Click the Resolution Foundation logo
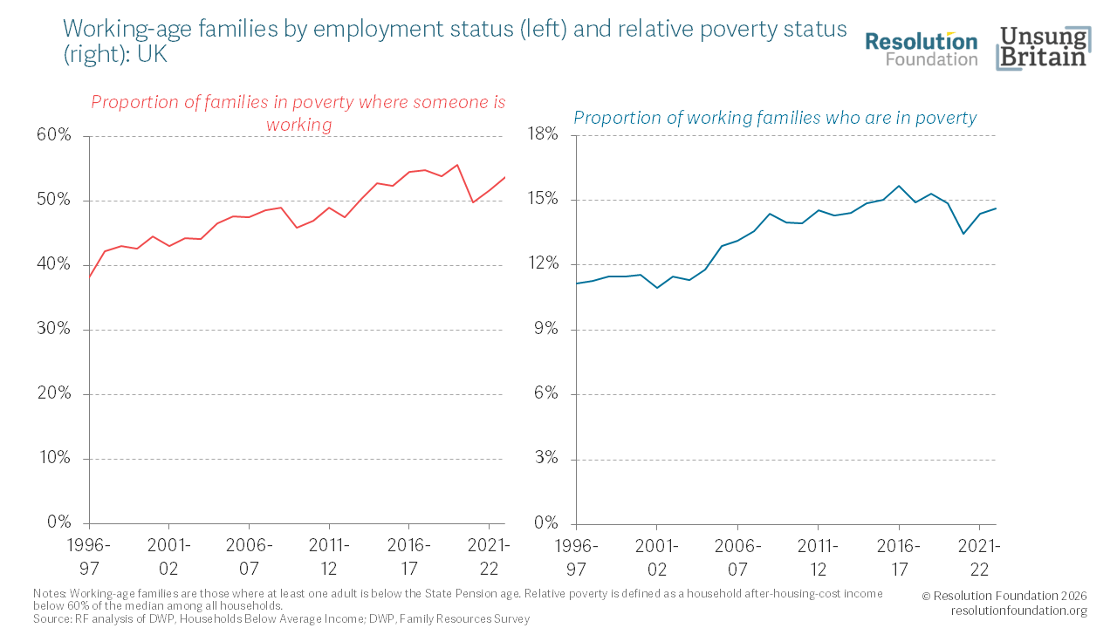(x=921, y=49)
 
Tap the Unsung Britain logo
(x=1043, y=49)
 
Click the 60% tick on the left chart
(x=53, y=136)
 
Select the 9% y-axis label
(x=545, y=330)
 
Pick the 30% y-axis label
(x=53, y=330)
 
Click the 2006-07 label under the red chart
(x=249, y=556)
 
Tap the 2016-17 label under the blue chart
(x=898, y=556)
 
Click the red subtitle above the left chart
(x=298, y=113)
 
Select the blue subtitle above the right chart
(x=775, y=118)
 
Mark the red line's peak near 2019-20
(x=457, y=165)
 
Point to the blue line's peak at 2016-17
(x=899, y=186)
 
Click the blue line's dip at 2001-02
(x=657, y=288)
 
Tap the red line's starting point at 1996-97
(x=89, y=278)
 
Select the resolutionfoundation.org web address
(x=1018, y=611)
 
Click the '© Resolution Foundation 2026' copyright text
(x=1004, y=596)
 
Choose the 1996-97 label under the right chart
(x=576, y=556)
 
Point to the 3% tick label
(x=545, y=459)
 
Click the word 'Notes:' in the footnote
(x=49, y=594)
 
